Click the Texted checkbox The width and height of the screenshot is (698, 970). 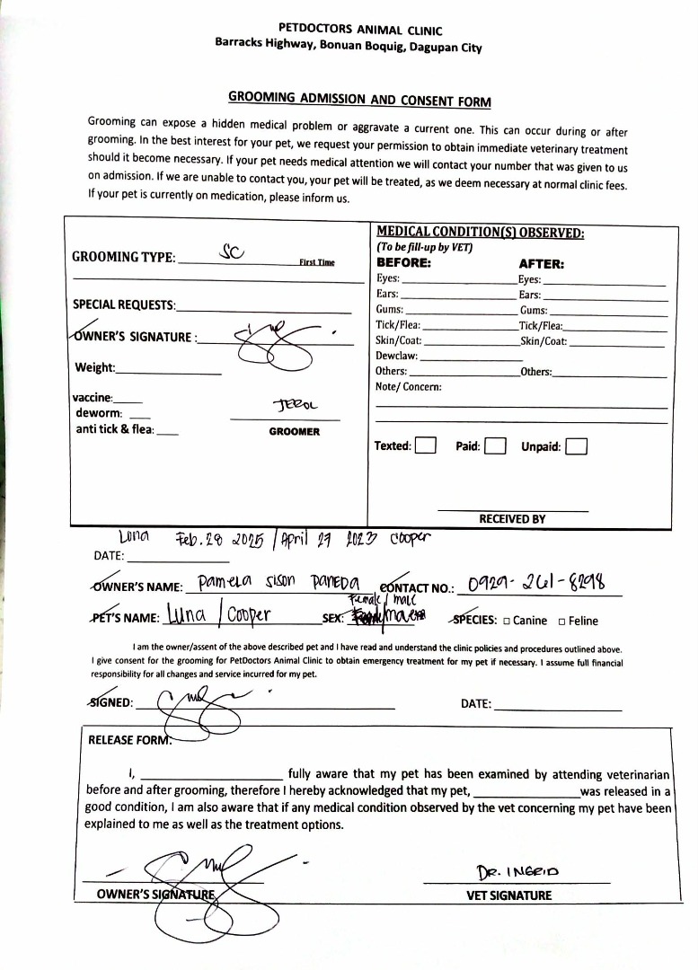point(426,446)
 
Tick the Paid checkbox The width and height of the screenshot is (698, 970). point(495,446)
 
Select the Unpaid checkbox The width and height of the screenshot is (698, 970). point(577,446)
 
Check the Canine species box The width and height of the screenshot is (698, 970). point(508,621)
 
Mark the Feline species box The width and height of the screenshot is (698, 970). point(562,621)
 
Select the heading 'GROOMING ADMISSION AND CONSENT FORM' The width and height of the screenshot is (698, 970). point(359,99)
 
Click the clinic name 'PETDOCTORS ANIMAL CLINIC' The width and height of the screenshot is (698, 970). point(348,30)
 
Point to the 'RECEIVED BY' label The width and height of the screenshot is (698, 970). point(512,519)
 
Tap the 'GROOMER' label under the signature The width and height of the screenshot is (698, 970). point(294,432)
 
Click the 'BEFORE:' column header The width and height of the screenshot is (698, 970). point(403,264)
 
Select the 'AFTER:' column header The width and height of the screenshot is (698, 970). point(541,264)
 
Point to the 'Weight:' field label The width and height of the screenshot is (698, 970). point(95,367)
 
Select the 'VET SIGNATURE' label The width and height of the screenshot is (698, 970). point(508,895)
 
